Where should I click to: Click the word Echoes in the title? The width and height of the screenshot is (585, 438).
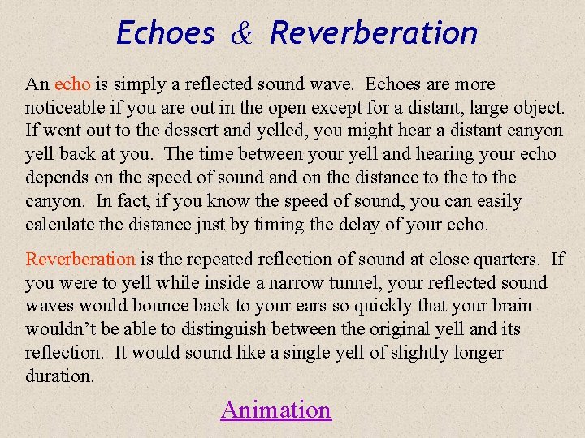pyautogui.click(x=166, y=33)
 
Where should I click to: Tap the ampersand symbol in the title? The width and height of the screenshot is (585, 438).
pyautogui.click(x=242, y=33)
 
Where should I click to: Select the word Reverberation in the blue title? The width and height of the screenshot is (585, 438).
pyautogui.click(x=374, y=33)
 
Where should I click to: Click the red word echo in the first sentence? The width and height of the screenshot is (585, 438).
pyautogui.click(x=73, y=84)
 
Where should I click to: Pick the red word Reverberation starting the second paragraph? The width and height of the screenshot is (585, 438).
pyautogui.click(x=80, y=260)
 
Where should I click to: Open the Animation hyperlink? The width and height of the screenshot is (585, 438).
pyautogui.click(x=275, y=410)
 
